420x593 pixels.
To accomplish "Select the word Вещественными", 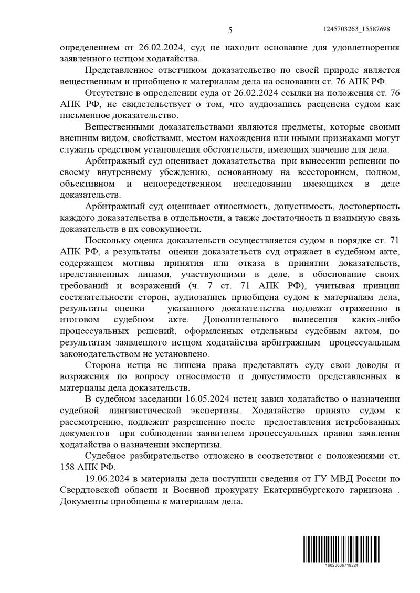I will coord(116,127).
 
